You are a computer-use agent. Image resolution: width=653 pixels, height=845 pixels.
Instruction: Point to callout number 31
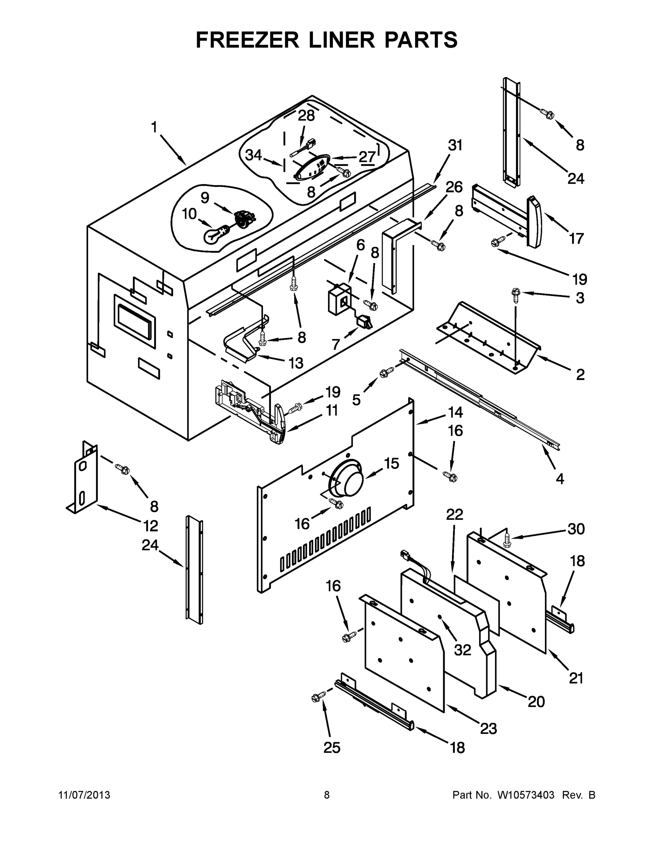pyautogui.click(x=455, y=145)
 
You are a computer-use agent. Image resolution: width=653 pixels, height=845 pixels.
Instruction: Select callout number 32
pyautogui.click(x=463, y=650)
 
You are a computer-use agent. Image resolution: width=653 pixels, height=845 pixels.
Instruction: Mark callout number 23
pyautogui.click(x=488, y=728)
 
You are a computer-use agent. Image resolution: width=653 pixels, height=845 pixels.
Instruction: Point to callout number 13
pyautogui.click(x=296, y=363)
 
